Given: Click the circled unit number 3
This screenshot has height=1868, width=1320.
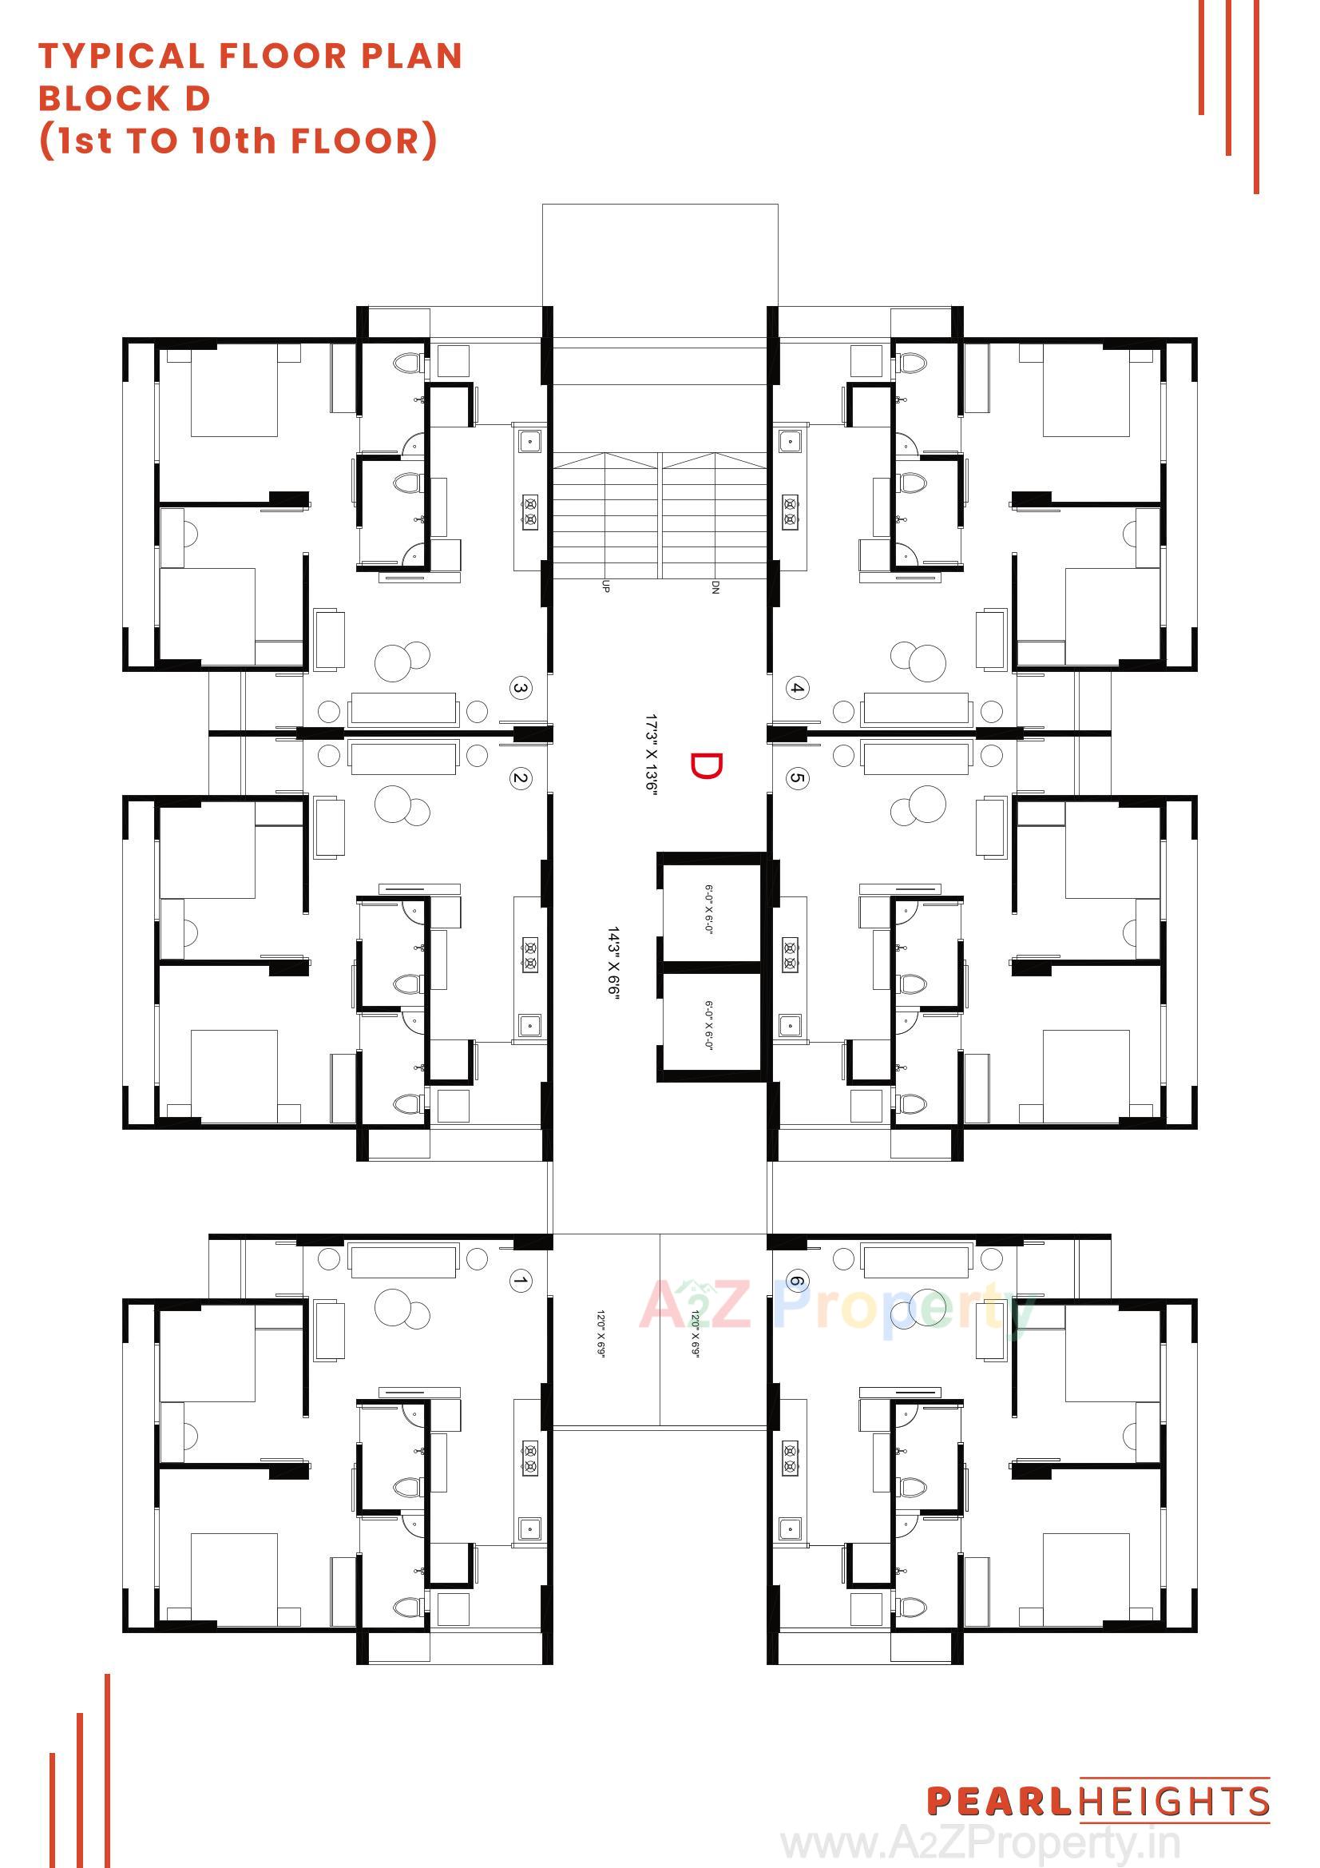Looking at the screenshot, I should point(521,688).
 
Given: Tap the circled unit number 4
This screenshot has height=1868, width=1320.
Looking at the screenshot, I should point(797,688).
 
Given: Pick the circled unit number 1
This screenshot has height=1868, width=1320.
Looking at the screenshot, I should point(521,1282).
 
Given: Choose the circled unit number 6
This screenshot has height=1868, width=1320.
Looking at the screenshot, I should point(797,1282).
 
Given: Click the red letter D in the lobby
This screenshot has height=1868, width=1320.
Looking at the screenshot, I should point(705,765).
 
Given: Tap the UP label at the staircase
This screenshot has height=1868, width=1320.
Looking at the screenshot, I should point(605,586).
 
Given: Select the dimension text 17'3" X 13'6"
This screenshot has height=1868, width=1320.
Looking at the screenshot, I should point(651,756).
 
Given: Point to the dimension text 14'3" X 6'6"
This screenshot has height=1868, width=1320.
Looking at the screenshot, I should point(613,960).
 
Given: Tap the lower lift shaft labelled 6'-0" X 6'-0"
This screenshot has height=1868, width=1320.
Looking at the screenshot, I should point(708,1025).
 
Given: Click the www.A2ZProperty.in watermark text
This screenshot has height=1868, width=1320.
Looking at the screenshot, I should point(980,1844).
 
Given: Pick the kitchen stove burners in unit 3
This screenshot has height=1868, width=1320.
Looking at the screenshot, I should point(530,512).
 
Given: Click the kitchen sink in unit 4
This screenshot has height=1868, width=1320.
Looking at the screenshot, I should point(789,442).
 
